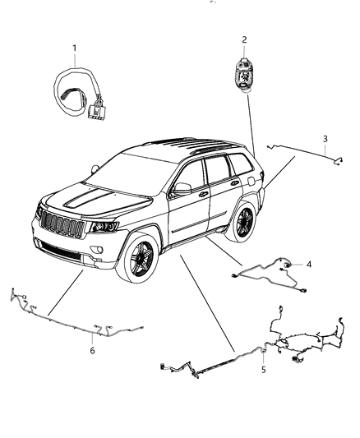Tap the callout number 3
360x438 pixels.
click(x=325, y=138)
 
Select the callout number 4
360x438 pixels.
click(x=308, y=265)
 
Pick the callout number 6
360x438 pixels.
click(x=92, y=351)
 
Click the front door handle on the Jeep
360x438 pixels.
click(x=202, y=195)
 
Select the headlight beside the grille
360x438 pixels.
click(x=103, y=227)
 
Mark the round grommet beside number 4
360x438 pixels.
click(x=288, y=265)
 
